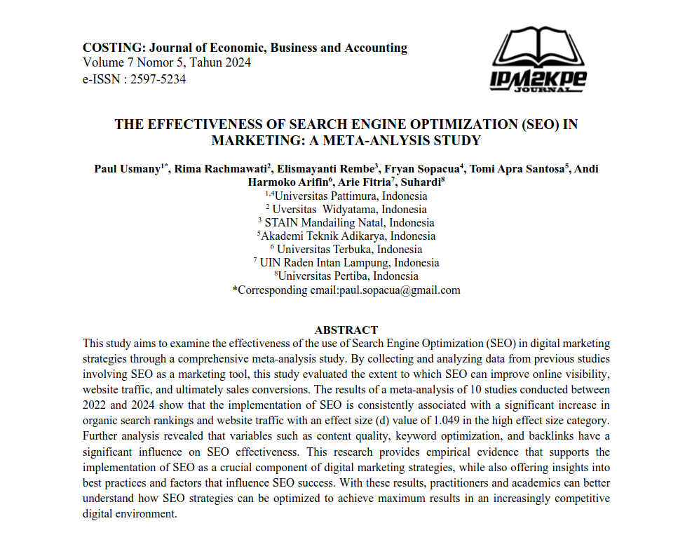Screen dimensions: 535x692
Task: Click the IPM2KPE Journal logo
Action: (538, 60)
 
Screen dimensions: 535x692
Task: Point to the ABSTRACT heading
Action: (346, 330)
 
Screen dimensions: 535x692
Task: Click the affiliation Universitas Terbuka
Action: (349, 249)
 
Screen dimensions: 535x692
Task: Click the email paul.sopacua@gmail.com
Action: (400, 290)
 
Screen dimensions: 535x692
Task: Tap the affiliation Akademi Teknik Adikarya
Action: (348, 236)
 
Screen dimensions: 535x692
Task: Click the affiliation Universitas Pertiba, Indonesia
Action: (348, 276)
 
